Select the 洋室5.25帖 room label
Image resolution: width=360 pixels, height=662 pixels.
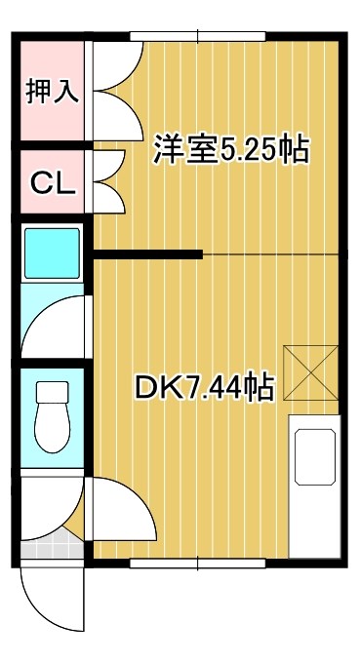click(x=230, y=149)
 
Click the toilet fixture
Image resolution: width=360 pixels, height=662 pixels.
click(x=51, y=414)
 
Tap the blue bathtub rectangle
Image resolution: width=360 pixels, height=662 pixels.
click(x=51, y=252)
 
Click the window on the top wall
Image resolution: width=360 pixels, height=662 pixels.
click(x=198, y=37)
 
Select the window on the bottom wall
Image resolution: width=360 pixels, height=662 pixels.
click(x=198, y=563)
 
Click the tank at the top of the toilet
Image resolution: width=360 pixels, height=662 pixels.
click(x=51, y=392)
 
